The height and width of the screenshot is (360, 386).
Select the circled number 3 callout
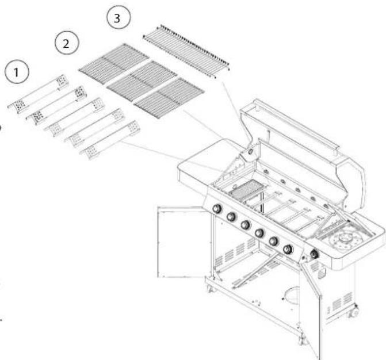click(x=118, y=18)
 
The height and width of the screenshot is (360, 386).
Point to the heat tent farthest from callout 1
click(x=110, y=140)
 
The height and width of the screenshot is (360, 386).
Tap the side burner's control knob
click(x=314, y=254)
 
